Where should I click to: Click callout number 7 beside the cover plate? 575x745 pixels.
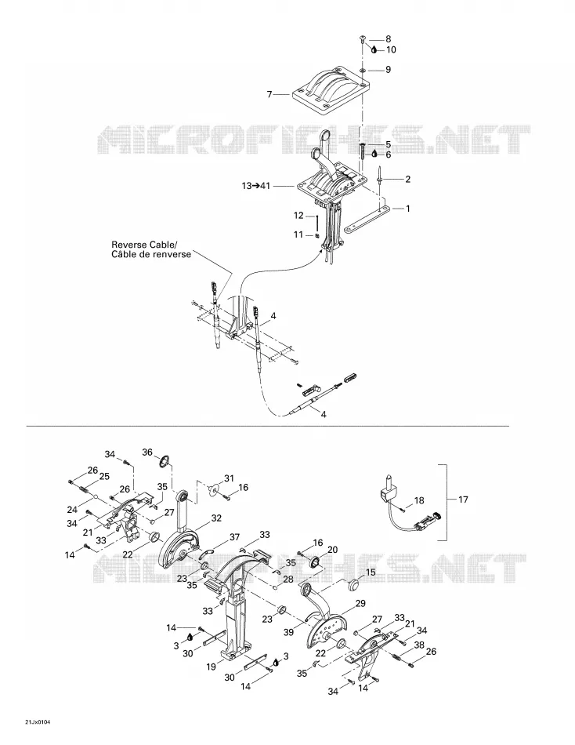tap(269, 95)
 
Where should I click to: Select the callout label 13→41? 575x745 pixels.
tap(255, 186)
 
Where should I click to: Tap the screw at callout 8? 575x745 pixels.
tap(363, 38)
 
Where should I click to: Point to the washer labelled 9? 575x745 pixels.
tap(362, 70)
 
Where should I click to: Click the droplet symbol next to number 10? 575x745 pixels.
tap(374, 49)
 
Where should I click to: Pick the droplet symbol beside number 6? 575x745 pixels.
tap(374, 154)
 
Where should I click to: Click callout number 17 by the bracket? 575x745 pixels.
tap(464, 500)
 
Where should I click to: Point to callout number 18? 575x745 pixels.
tap(419, 500)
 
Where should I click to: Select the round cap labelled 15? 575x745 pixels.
tap(354, 584)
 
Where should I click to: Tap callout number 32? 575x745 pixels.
tap(216, 518)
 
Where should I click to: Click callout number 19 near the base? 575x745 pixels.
tap(212, 667)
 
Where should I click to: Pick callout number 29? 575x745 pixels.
tap(360, 603)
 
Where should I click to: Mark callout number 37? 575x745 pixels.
tap(234, 537)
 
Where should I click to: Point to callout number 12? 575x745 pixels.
tap(298, 215)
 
